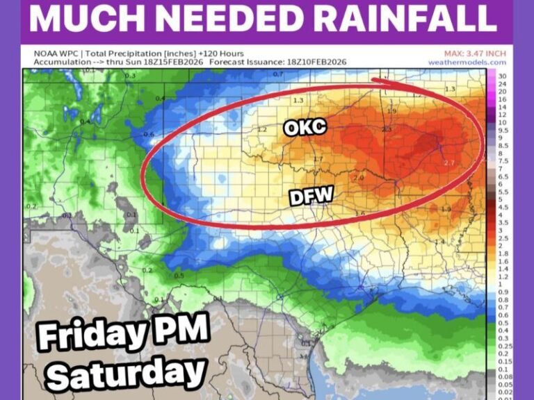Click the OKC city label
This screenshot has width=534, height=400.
click(305, 128)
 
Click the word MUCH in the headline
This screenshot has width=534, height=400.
click(81, 18)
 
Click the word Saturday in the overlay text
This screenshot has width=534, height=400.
click(126, 374)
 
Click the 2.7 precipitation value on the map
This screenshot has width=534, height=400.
click(447, 163)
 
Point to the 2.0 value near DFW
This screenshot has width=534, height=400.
click(359, 178)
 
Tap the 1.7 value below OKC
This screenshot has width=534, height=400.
click(318, 160)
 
